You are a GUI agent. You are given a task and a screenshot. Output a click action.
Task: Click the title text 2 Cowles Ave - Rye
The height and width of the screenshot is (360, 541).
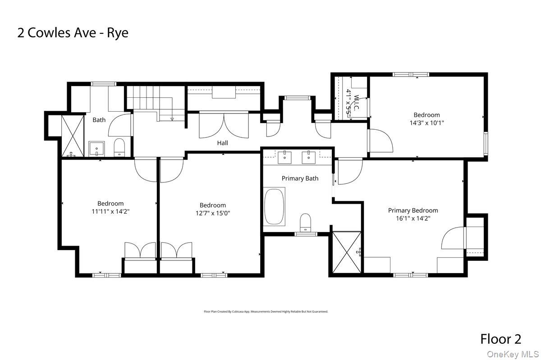73,33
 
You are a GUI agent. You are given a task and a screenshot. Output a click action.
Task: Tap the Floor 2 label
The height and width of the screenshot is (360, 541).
501,339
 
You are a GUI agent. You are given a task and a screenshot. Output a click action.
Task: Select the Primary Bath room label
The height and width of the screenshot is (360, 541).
300,178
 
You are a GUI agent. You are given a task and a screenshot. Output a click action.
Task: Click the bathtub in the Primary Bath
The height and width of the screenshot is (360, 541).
275,207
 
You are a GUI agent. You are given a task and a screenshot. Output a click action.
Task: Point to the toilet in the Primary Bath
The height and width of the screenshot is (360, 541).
306,222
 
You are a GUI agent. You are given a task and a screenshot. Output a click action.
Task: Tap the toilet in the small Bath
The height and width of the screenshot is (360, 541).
119,147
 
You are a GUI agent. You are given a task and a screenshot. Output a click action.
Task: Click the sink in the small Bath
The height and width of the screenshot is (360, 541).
96,148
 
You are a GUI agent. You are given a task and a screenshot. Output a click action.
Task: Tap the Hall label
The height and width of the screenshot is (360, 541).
222,143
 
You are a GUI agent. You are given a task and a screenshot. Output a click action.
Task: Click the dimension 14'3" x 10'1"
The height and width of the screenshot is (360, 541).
426,122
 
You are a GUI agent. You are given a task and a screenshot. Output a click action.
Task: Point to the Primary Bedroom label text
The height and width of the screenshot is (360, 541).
413,210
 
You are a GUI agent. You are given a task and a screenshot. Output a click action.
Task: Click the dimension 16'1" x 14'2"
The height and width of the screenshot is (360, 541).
413,218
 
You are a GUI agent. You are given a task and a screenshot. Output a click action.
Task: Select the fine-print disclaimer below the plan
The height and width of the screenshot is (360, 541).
266,311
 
